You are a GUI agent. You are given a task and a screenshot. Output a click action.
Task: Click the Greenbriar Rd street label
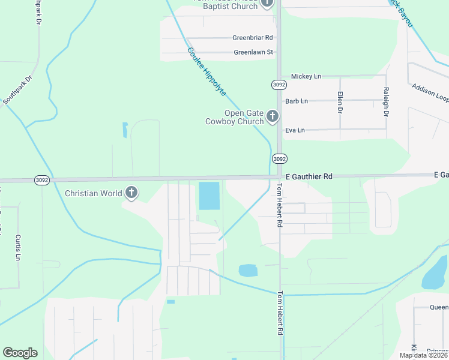coord(253,38)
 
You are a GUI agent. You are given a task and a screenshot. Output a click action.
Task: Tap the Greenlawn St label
coord(253,52)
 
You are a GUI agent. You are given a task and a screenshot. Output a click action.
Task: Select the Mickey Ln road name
coord(306,76)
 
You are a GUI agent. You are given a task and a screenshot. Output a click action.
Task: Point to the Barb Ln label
coord(297,101)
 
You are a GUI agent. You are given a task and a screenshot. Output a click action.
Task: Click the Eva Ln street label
coord(295,130)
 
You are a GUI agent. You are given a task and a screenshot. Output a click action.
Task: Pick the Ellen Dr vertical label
coord(340,103)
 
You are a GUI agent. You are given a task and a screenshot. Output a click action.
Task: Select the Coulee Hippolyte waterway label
coord(206,72)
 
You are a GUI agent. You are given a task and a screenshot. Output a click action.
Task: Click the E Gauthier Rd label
coord(309,177)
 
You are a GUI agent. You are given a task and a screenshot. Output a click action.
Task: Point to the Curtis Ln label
coord(19,247)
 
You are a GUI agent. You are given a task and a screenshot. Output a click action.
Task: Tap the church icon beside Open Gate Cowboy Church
coord(273,116)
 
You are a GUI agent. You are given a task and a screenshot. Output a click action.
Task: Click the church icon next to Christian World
coord(131,193)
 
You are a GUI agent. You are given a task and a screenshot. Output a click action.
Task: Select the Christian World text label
coord(94,193)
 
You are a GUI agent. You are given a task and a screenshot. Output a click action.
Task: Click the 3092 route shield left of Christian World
coord(41,180)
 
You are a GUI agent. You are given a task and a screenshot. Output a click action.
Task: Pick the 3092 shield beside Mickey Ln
coord(278,85)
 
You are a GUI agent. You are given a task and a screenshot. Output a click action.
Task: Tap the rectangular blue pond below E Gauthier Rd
coord(209,196)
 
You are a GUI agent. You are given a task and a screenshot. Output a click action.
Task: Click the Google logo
coord(20,353)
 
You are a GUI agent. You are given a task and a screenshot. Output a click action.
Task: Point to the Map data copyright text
coord(424,355)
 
